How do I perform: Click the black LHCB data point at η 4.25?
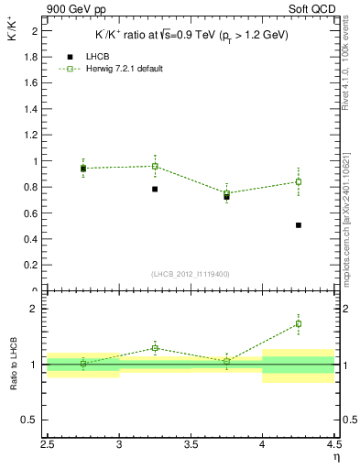[299, 224]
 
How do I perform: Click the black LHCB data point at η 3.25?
[155, 189]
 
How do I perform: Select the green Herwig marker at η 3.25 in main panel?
[155, 166]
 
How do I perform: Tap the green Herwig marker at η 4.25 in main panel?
[299, 181]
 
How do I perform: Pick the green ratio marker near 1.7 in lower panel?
[299, 323]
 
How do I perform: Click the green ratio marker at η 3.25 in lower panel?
[155, 348]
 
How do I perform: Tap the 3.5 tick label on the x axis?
[191, 448]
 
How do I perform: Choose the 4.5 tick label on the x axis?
[333, 448]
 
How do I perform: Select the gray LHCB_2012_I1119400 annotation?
[191, 274]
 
